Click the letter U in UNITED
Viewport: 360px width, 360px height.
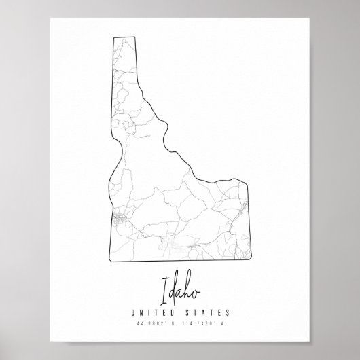tap(129, 312)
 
